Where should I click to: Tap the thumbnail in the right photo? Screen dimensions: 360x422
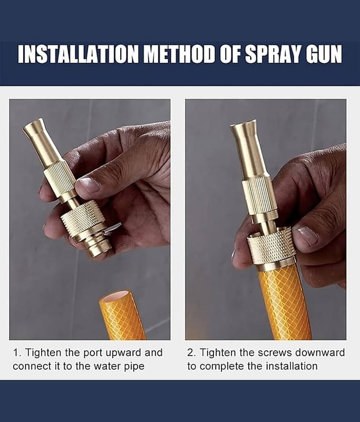306,236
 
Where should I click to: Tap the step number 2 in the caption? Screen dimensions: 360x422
190,352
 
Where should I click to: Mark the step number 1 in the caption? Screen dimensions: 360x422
16,352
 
